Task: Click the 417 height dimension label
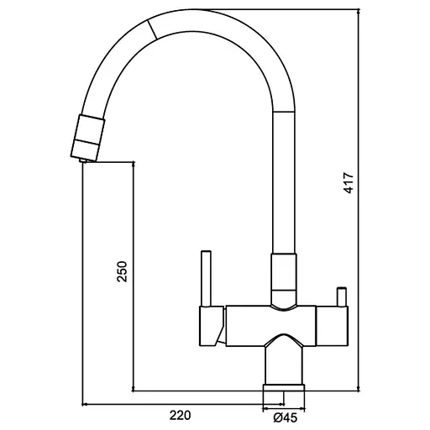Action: (349, 183)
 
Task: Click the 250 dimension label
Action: (123, 271)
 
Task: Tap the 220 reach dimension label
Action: (180, 415)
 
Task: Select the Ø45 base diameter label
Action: (285, 417)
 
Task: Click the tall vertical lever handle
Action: (207, 278)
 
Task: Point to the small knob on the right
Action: (342, 296)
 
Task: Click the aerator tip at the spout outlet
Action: (83, 160)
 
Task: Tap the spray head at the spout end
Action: (87, 138)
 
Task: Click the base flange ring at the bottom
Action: (284, 387)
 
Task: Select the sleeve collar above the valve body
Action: (284, 278)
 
